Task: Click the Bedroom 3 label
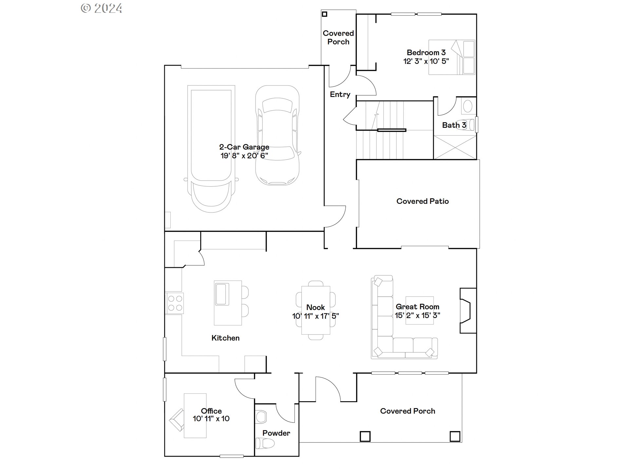tap(426, 52)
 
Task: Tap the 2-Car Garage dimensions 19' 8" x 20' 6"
tap(244, 156)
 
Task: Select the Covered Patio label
tap(422, 201)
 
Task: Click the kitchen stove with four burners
tap(175, 303)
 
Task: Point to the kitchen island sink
tap(221, 294)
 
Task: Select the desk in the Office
tap(195, 416)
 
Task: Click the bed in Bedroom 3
tap(451, 57)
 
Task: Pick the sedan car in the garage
tap(277, 135)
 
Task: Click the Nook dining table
tap(315, 310)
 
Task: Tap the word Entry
tap(340, 94)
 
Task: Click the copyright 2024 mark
tap(102, 8)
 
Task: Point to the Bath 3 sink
tap(467, 106)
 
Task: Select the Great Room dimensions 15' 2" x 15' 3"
tap(417, 315)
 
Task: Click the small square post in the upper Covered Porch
tap(324, 14)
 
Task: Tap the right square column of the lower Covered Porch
tap(455, 436)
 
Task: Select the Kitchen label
tap(225, 338)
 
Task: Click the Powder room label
tap(276, 433)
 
